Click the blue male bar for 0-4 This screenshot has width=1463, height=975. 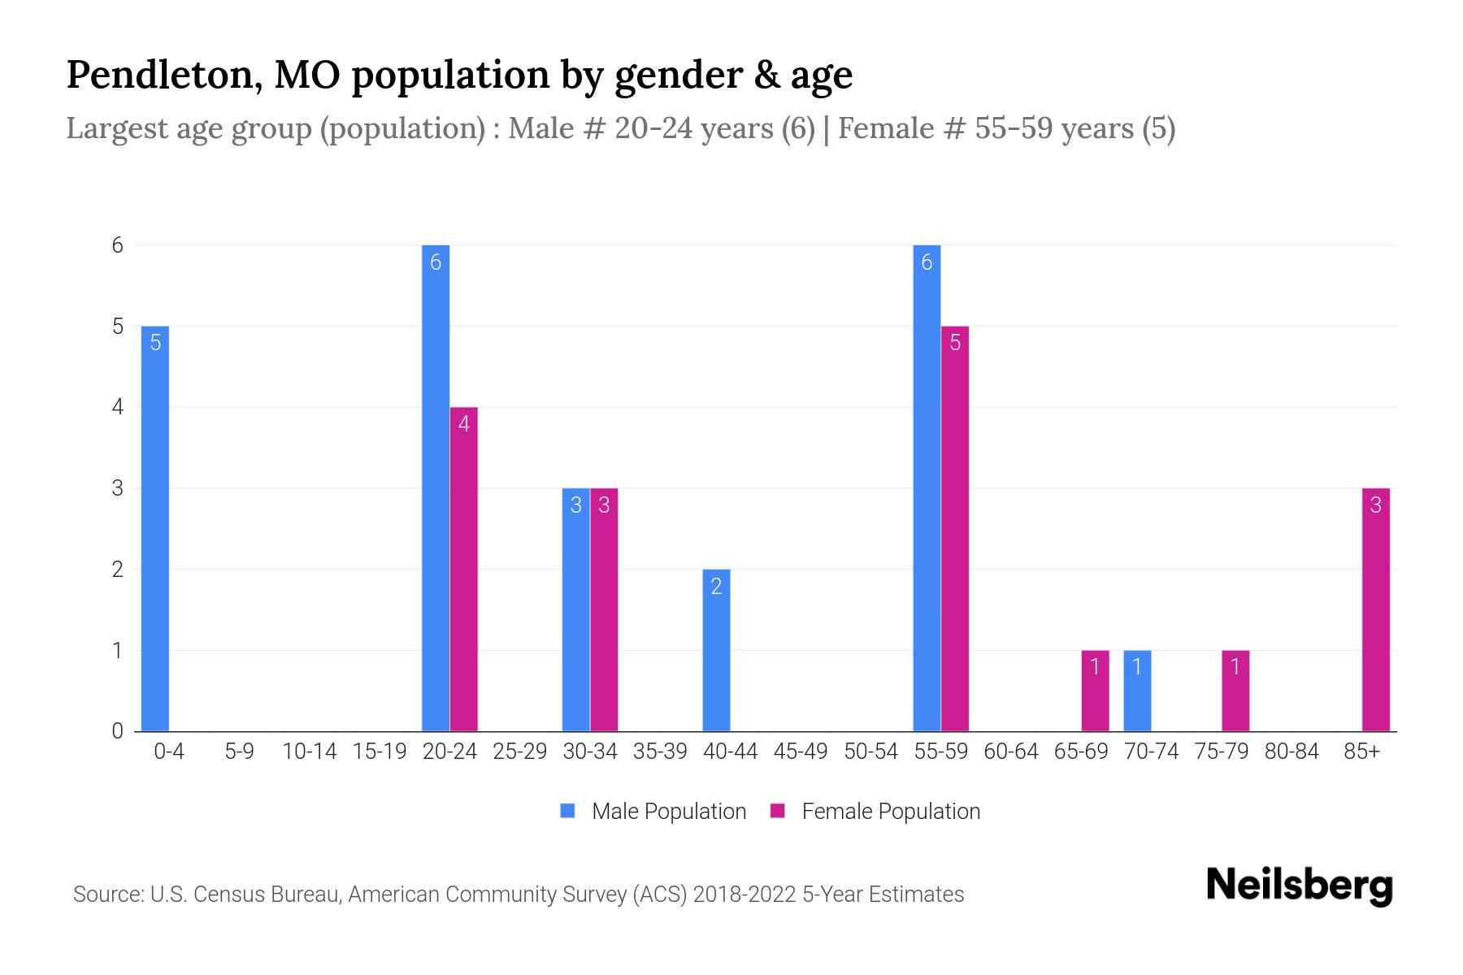(x=155, y=528)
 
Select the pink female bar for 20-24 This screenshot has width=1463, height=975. (x=463, y=569)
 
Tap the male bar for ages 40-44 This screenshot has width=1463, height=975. (x=716, y=650)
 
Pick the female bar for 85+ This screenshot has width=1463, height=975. (x=1375, y=609)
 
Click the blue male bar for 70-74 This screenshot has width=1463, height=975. (x=1137, y=691)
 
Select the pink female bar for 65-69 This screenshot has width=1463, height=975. (x=1095, y=691)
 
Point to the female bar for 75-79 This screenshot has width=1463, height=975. (x=1235, y=691)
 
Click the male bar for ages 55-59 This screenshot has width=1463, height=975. (x=927, y=487)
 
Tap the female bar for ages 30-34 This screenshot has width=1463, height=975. (x=604, y=609)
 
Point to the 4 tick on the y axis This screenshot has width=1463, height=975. (x=118, y=406)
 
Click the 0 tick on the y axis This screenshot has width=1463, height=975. (x=118, y=730)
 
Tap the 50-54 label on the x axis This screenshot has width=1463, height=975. (x=870, y=752)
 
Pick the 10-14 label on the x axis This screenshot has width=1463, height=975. (x=309, y=752)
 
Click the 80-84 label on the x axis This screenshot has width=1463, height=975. (x=1292, y=752)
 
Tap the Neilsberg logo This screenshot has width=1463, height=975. (x=1300, y=885)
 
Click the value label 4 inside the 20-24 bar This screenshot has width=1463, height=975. (x=463, y=423)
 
